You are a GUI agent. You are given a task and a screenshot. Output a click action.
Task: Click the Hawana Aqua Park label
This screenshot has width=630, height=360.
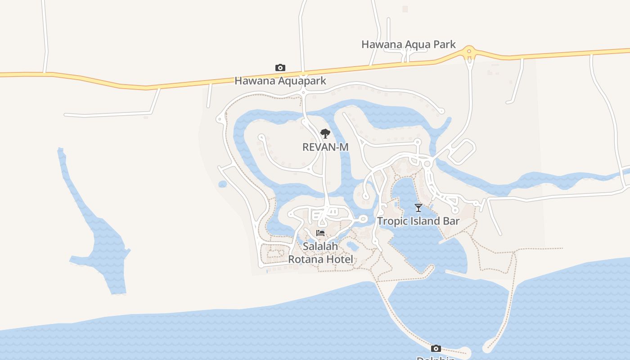409,45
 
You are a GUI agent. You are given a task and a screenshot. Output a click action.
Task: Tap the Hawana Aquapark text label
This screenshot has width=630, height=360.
280,81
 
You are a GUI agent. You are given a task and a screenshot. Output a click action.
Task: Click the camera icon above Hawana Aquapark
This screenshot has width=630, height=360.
280,68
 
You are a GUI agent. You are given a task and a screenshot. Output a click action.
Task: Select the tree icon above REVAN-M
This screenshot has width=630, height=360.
325,134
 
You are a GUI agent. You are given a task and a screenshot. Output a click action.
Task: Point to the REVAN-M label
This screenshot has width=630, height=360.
325,147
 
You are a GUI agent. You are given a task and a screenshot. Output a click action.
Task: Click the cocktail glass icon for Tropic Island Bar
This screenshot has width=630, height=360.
418,208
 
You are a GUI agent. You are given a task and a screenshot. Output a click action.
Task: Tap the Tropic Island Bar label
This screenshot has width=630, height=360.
418,221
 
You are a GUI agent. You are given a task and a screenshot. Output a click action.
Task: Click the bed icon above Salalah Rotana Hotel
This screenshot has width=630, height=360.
320,233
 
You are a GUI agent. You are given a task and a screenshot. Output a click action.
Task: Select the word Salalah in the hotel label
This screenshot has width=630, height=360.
320,247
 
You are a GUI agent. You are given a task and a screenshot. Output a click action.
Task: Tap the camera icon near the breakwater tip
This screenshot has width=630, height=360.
436,348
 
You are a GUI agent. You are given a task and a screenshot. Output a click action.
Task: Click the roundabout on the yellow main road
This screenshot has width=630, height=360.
469,52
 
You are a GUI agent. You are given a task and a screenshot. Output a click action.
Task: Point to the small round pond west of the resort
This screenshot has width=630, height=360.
222,184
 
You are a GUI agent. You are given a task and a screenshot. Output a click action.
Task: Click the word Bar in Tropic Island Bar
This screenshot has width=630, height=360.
451,221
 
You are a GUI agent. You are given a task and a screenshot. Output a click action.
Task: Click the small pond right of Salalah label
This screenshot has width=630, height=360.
353,246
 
